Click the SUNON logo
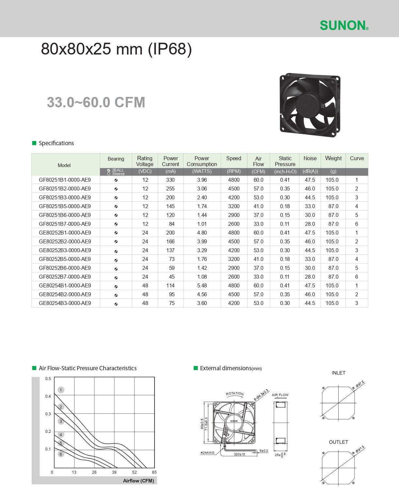coord(344,25)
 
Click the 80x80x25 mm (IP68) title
coord(116,49)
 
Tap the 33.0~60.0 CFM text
coord(96,102)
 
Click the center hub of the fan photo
coord(307,104)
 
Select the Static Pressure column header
coord(285,161)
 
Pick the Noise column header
coord(310,158)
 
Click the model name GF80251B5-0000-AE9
coord(65,206)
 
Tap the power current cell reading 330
coord(170,180)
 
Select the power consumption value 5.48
coord(202,285)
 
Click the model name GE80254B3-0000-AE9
coord(65,303)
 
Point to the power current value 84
coord(171,224)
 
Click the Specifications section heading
coord(56,143)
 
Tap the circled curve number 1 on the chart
coord(61,390)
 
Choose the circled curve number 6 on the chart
coord(61,454)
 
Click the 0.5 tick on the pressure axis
coord(48,379)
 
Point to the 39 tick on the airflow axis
coord(114,472)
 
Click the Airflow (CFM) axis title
coord(138,481)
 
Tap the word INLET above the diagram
coord(338,373)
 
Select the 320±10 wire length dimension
coord(239,454)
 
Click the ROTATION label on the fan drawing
coord(235,394)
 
